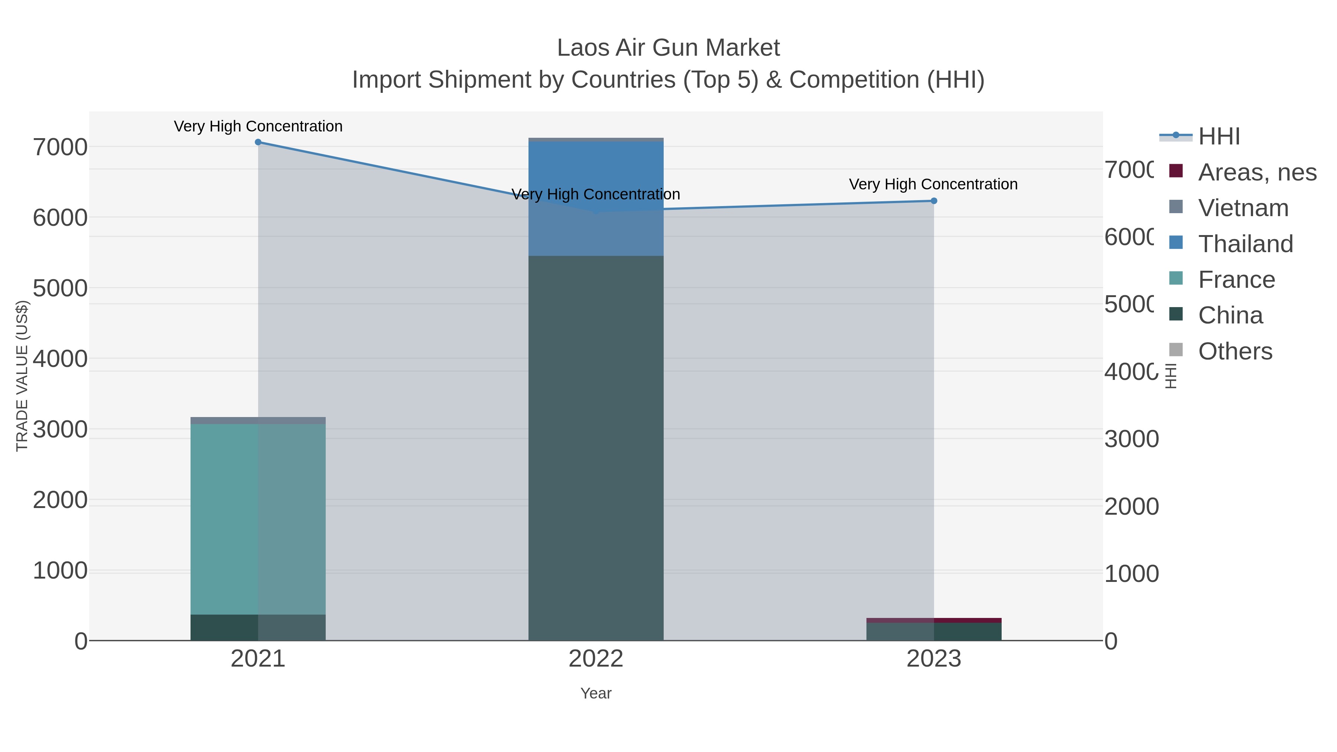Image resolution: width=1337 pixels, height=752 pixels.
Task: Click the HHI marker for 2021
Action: pyautogui.click(x=258, y=142)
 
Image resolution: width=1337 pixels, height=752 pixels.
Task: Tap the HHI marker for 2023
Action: pyautogui.click(x=934, y=201)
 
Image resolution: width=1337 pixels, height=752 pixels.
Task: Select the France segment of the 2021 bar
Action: pyautogui.click(x=258, y=519)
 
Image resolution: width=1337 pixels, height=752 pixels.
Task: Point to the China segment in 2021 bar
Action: pyautogui.click(x=258, y=628)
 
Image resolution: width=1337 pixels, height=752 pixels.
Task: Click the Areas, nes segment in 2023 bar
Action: pyautogui.click(x=934, y=620)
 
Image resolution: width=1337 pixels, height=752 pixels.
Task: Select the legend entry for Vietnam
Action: pyautogui.click(x=1243, y=208)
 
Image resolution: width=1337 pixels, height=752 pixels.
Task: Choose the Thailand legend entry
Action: pyautogui.click(x=1245, y=244)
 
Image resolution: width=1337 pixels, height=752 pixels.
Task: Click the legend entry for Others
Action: pyautogui.click(x=1235, y=351)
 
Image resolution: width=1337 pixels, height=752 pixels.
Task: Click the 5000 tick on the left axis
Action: pyautogui.click(x=60, y=288)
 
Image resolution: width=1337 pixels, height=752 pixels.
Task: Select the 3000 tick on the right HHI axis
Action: pyautogui.click(x=1132, y=439)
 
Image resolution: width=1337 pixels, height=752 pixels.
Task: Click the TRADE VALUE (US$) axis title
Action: pyautogui.click(x=22, y=376)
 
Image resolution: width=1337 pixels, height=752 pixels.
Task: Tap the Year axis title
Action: pyautogui.click(x=596, y=693)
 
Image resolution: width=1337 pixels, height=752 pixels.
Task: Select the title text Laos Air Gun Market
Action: pyautogui.click(x=668, y=48)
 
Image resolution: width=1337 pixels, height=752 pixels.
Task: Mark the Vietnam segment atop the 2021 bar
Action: pyautogui.click(x=258, y=420)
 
